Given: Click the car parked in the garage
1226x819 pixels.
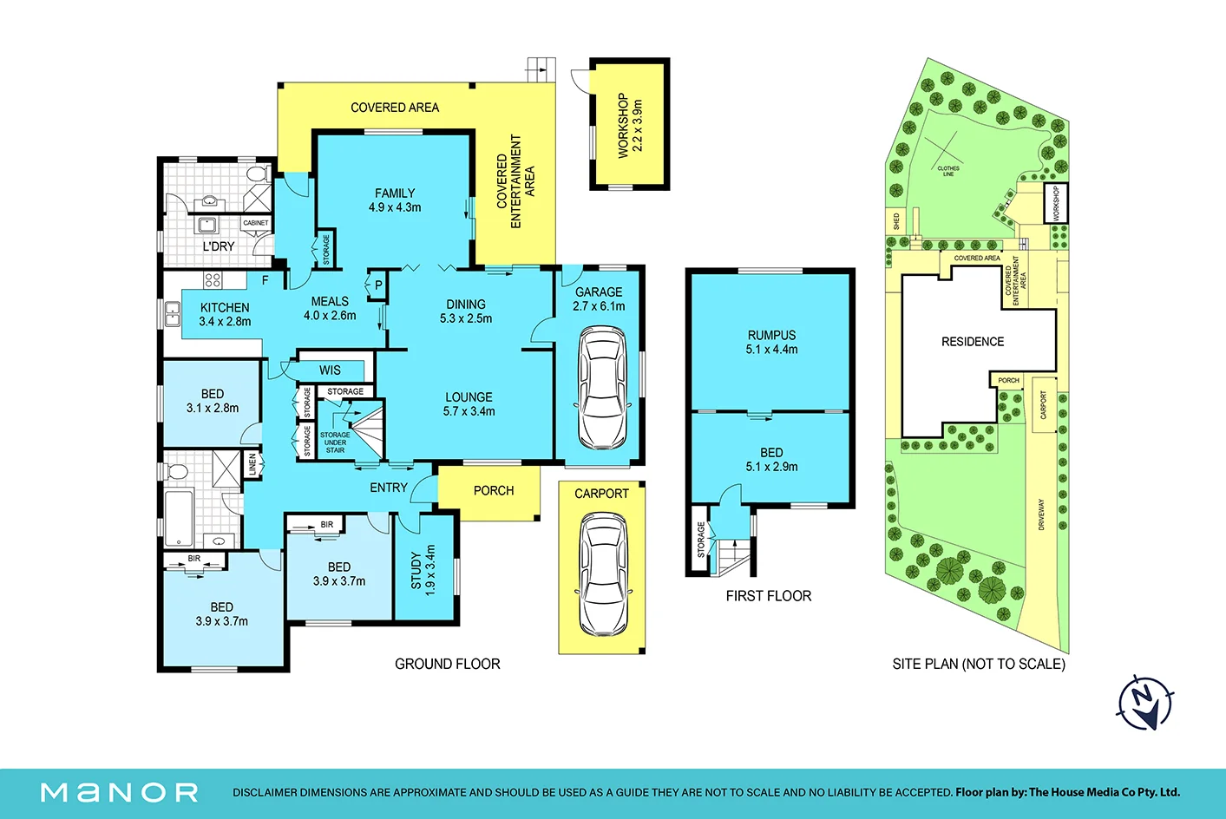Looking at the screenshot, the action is click(x=602, y=388).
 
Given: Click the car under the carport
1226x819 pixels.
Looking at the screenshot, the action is click(x=603, y=573).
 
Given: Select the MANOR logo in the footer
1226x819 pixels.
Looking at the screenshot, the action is click(x=119, y=792).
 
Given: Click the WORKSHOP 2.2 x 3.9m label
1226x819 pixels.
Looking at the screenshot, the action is click(x=630, y=125).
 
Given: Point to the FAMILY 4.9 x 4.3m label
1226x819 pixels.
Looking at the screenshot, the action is click(x=395, y=200).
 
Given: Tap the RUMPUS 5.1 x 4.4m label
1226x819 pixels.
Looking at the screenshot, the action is click(x=771, y=342).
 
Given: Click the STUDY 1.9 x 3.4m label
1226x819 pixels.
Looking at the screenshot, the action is click(x=423, y=570).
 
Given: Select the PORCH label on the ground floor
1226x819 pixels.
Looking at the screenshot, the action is click(x=493, y=491).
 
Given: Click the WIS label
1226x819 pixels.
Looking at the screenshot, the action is click(x=330, y=370).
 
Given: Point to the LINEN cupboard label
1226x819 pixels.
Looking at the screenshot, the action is click(x=252, y=464).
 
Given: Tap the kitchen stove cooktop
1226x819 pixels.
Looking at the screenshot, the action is click(x=213, y=280).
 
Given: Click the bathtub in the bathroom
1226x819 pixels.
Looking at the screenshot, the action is click(x=179, y=518).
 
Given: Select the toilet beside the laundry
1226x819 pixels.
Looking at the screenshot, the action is click(x=259, y=174).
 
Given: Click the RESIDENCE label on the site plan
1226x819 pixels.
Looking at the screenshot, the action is click(x=973, y=342).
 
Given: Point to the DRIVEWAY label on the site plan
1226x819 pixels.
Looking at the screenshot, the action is click(x=1041, y=514).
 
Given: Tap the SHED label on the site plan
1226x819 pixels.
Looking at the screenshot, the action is click(x=896, y=221).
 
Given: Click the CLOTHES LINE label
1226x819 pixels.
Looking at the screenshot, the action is click(x=948, y=171).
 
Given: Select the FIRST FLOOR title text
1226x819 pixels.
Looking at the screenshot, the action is click(x=769, y=596).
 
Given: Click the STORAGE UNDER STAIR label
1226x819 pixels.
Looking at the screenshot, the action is click(x=335, y=442).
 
